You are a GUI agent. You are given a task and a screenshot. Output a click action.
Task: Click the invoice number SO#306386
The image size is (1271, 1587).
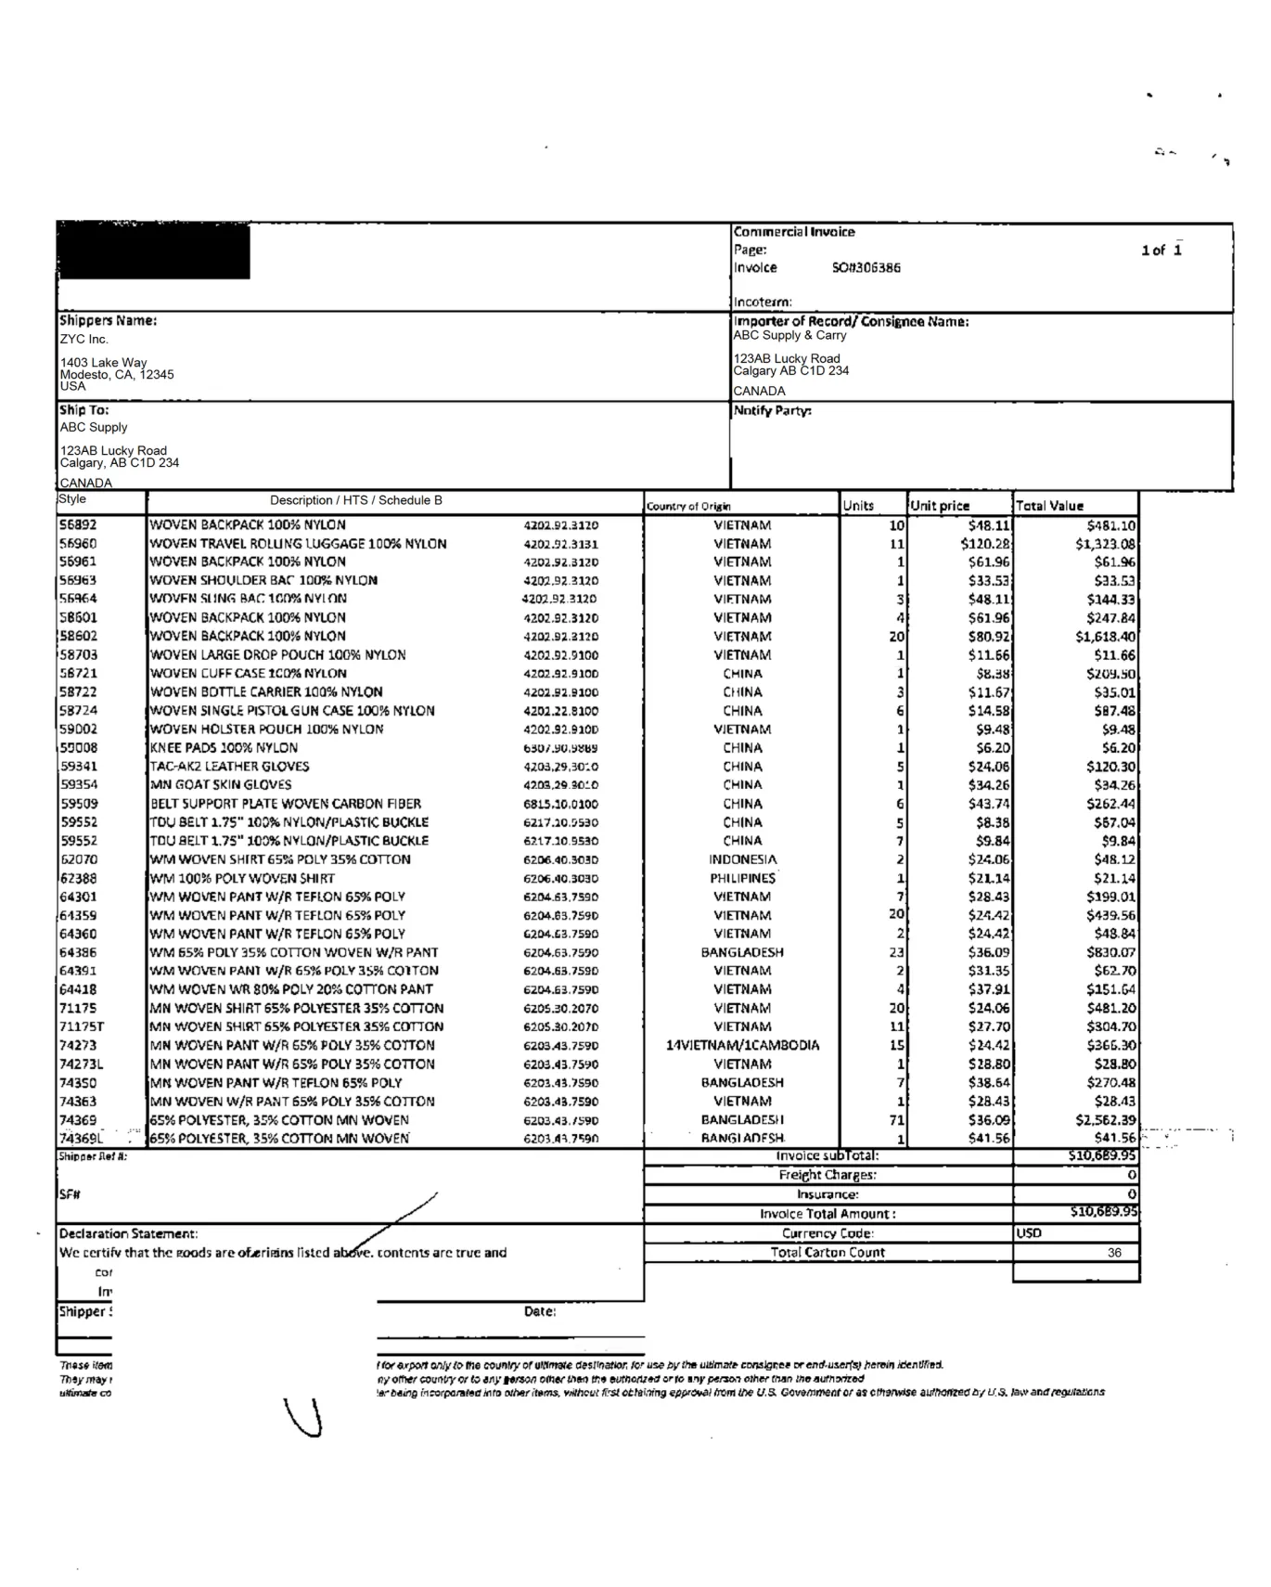tap(866, 268)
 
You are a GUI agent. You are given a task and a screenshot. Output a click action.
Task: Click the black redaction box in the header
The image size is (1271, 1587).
tap(154, 252)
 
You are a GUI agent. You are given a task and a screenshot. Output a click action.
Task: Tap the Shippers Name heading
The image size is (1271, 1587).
tap(109, 321)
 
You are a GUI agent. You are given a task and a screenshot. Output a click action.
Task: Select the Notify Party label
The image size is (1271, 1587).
tap(772, 411)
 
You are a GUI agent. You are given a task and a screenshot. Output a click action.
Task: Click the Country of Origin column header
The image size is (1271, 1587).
tap(688, 507)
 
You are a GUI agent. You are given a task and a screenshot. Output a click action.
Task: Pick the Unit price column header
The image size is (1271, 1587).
tap(940, 506)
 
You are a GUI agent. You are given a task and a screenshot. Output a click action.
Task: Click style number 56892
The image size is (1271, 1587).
tap(78, 525)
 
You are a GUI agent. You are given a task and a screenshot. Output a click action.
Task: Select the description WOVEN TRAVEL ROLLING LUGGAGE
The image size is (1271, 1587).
tap(298, 544)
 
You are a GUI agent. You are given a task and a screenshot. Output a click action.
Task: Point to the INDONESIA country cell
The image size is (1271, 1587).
tap(743, 859)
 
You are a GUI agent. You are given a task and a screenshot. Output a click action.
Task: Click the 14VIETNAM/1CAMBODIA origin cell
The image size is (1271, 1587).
tap(743, 1045)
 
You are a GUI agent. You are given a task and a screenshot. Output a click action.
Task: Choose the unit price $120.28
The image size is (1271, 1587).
tap(985, 544)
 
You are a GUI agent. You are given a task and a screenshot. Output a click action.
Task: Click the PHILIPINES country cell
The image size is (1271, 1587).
tap(743, 878)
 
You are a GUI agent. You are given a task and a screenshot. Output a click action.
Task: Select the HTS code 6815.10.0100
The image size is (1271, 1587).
tap(560, 804)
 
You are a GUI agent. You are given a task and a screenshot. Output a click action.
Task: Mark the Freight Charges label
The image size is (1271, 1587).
tap(828, 1175)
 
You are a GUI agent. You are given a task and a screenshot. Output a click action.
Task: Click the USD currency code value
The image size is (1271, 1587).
tap(1029, 1233)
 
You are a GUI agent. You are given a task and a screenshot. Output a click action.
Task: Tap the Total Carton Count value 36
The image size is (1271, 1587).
tap(1114, 1253)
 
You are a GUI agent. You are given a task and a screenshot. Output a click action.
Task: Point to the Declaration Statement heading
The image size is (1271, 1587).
tap(128, 1233)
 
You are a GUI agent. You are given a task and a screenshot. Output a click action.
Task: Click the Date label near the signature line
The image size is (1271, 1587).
tap(539, 1311)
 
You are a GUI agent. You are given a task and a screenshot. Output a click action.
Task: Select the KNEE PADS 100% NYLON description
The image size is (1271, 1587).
tap(224, 748)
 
